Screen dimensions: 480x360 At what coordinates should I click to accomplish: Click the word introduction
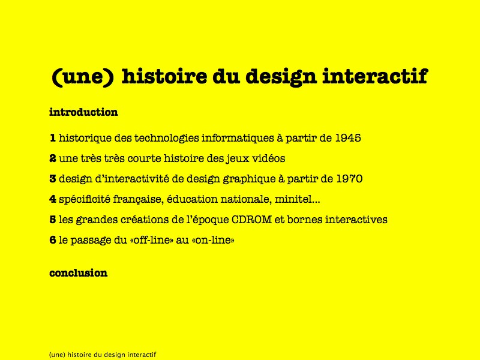[83, 112]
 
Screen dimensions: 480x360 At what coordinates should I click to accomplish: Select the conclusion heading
[79, 273]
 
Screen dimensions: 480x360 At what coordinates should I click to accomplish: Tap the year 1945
[348, 138]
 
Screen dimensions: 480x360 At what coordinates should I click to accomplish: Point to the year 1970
[350, 179]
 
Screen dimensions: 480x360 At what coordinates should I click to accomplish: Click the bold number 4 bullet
[53, 199]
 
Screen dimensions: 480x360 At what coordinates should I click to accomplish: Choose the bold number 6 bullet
[53, 240]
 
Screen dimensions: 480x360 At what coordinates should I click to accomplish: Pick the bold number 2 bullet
[53, 158]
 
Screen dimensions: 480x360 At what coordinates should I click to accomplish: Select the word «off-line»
[152, 240]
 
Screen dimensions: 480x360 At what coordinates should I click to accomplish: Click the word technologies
[167, 139]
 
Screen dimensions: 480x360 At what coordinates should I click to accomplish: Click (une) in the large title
[83, 77]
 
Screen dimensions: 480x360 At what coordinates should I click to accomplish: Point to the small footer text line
[103, 355]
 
